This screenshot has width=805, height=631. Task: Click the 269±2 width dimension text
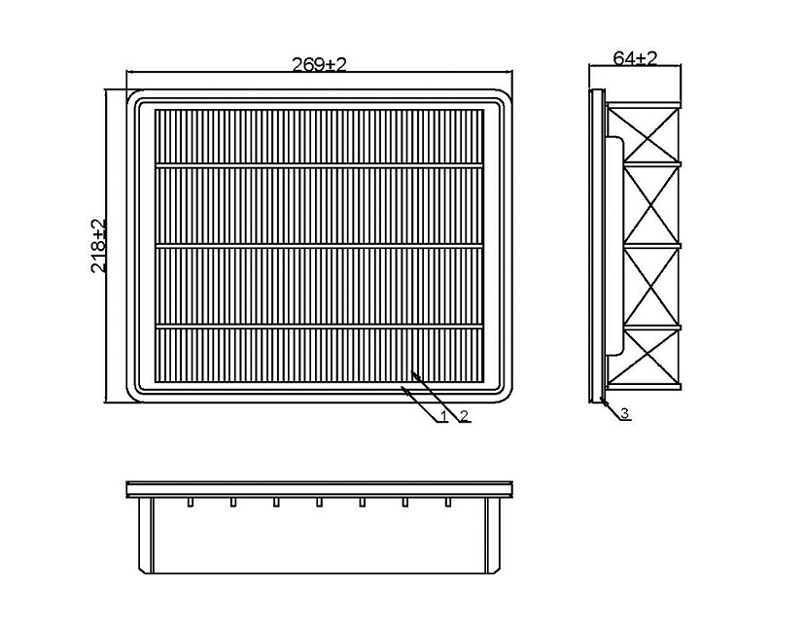tap(319, 64)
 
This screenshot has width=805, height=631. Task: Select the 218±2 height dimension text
tap(98, 246)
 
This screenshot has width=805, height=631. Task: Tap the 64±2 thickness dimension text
tap(635, 58)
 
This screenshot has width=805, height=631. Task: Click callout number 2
tap(464, 415)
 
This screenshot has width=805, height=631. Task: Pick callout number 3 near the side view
tap(624, 413)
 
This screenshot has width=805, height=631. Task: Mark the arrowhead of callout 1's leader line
tap(406, 391)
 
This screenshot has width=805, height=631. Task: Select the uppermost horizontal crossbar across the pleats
tap(319, 165)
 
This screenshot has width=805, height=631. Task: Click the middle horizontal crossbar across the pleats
tap(319, 248)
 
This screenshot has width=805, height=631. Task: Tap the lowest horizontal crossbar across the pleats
tap(319, 326)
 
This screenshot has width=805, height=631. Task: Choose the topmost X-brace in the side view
tap(651, 134)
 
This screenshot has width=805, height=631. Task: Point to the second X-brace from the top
tap(651, 204)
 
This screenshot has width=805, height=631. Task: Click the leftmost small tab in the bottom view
tap(191, 502)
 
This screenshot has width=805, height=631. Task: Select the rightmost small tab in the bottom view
tap(448, 502)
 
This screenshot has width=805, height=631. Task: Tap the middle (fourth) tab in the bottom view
tap(319, 502)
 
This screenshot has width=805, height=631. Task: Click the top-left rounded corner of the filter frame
tap(132, 96)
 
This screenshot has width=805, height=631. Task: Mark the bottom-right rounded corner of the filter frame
tap(506, 396)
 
